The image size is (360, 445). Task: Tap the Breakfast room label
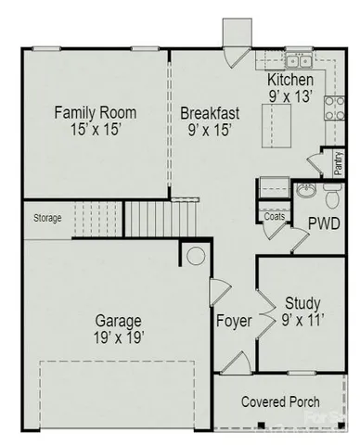click(x=210, y=113)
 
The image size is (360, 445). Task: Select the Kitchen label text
click(x=289, y=80)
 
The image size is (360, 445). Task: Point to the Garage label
click(x=118, y=321)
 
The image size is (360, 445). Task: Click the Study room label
click(x=302, y=302)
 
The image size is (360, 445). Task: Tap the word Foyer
click(x=234, y=322)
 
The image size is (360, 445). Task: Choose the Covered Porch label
click(x=280, y=401)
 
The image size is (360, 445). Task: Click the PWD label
click(x=324, y=223)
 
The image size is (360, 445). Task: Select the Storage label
click(x=47, y=219)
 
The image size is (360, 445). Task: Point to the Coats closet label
click(x=275, y=216)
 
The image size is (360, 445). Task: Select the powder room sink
click(x=306, y=191)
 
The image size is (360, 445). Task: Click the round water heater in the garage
click(x=197, y=255)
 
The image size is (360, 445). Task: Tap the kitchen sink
click(x=297, y=62)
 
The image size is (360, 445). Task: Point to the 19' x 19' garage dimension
click(x=118, y=337)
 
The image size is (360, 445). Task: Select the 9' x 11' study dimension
click(x=302, y=320)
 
